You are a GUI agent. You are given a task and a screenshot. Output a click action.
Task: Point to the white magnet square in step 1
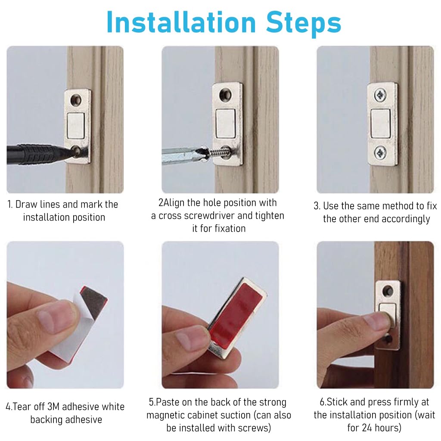click(76, 125)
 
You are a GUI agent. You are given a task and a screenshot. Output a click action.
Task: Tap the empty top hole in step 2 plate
click(226, 93)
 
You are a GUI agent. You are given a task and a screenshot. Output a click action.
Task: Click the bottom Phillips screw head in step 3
click(380, 153)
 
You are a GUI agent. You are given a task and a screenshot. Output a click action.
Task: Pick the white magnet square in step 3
click(381, 123)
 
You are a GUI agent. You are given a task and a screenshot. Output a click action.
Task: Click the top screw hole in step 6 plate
click(388, 290)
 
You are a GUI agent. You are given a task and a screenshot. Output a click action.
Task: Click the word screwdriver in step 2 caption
click(196, 216)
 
